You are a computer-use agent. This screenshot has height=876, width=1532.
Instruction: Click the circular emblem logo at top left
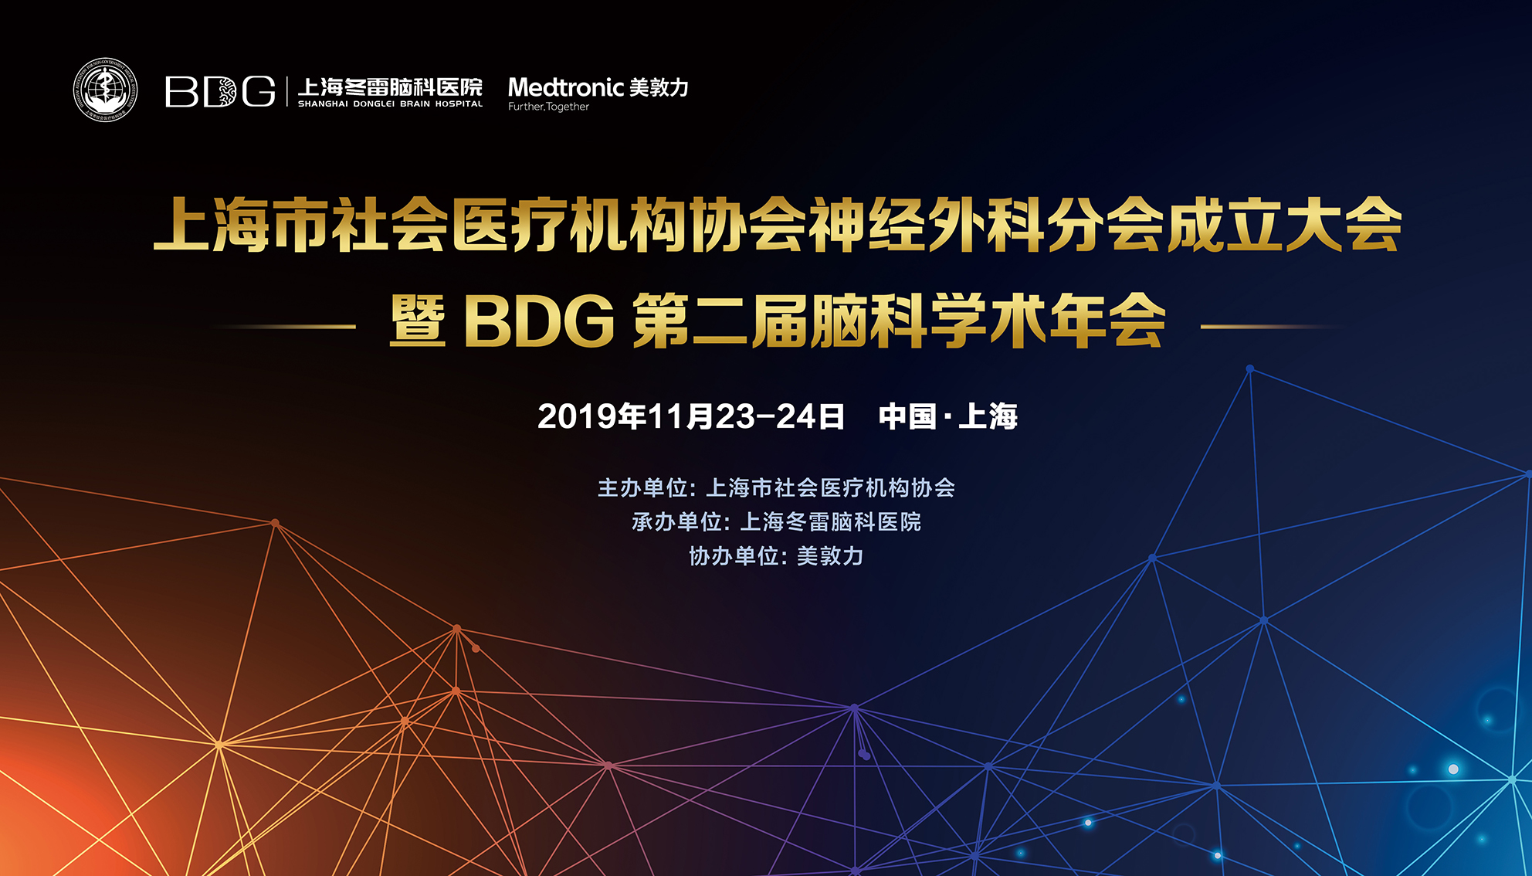(106, 90)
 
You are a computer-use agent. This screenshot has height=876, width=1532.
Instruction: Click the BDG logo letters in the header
(220, 92)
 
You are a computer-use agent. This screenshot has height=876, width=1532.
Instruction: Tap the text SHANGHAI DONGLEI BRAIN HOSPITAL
(390, 104)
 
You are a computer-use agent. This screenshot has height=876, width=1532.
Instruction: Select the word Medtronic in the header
(565, 87)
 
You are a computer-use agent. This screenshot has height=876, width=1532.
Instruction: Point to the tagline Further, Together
(548, 107)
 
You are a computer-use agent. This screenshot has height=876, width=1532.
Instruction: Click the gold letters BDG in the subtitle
(539, 322)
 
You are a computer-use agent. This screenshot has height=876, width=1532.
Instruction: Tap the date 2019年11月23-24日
(691, 416)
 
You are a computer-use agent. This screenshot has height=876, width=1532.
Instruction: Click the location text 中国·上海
(948, 416)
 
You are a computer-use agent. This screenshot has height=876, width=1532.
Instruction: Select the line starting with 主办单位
(776, 487)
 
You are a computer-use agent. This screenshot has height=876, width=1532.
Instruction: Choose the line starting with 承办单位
(776, 521)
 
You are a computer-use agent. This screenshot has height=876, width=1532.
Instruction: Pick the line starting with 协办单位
(776, 555)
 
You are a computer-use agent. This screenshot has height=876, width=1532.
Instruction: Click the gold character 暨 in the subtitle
(418, 321)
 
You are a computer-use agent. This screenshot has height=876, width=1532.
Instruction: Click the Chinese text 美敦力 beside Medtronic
(659, 87)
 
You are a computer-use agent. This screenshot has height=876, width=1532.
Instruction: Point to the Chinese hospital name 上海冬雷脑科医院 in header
(390, 87)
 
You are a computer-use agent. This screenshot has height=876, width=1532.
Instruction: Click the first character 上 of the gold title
(182, 225)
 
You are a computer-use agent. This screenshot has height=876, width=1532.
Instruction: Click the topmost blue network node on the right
(1250, 369)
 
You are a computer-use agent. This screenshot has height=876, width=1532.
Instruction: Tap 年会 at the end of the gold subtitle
(1107, 321)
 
